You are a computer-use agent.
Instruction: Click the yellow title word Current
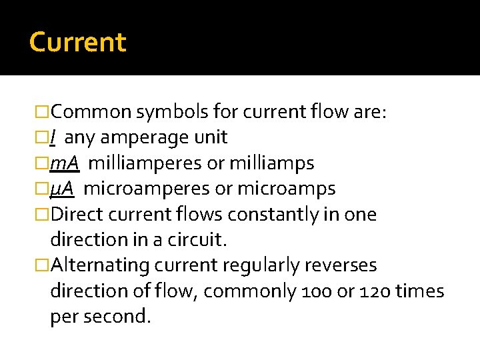77,42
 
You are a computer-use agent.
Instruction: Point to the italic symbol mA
65,163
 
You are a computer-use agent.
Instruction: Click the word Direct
79,215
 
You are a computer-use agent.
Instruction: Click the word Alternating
99,265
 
